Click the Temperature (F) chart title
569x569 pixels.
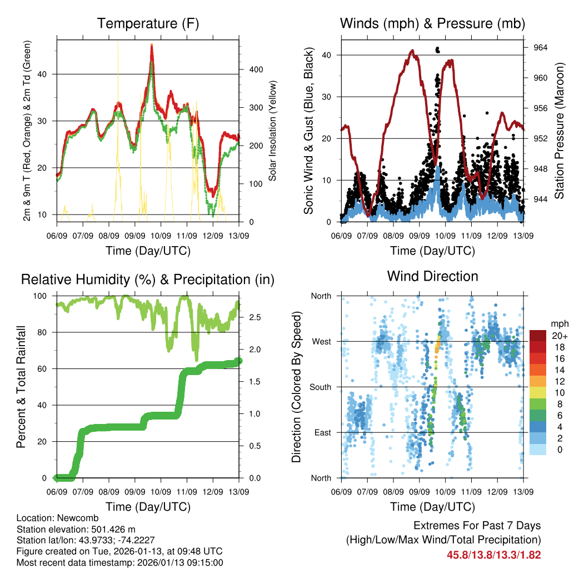click(148, 23)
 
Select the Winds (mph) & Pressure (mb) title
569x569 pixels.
click(432, 23)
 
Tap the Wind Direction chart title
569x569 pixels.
click(432, 276)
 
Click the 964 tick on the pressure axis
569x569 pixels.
click(541, 48)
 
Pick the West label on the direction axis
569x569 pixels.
click(321, 341)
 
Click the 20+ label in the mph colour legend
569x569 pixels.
click(558, 336)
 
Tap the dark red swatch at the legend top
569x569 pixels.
click(538, 335)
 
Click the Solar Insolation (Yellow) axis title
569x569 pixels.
click(273, 131)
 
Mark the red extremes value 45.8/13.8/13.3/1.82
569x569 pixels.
click(493, 555)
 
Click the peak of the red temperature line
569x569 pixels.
click(151, 46)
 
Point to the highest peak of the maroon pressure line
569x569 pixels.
click(412, 51)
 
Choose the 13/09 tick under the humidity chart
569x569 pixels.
click(239, 492)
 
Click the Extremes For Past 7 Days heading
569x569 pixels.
click(477, 526)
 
